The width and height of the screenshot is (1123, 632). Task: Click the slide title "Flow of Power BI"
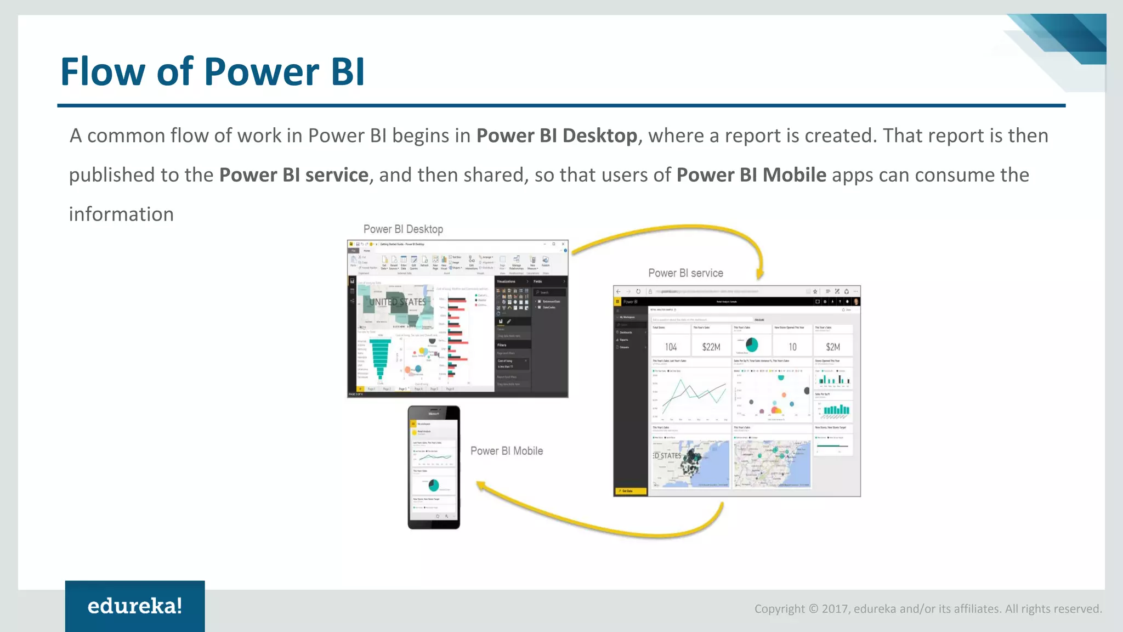click(x=212, y=72)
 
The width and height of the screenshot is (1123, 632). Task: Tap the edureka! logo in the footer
click(x=135, y=606)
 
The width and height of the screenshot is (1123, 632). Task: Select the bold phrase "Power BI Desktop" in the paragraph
click(x=557, y=136)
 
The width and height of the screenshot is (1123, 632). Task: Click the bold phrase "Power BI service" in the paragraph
click(x=294, y=175)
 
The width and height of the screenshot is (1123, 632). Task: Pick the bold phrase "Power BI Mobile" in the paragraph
click(x=751, y=175)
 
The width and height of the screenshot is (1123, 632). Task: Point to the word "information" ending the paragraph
click(x=121, y=215)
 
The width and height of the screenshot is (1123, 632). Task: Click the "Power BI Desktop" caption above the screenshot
click(x=403, y=229)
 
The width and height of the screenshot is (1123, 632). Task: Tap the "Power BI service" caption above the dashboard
click(x=685, y=273)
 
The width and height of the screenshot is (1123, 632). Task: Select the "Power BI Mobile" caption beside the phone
click(x=507, y=451)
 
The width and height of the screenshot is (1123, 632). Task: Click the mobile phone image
click(x=434, y=467)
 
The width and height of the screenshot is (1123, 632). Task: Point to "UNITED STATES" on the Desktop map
click(x=397, y=302)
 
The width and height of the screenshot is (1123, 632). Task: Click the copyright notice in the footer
click(x=928, y=609)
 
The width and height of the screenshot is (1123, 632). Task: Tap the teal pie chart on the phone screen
click(x=433, y=485)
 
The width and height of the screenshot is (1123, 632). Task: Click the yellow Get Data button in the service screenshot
click(x=630, y=491)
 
